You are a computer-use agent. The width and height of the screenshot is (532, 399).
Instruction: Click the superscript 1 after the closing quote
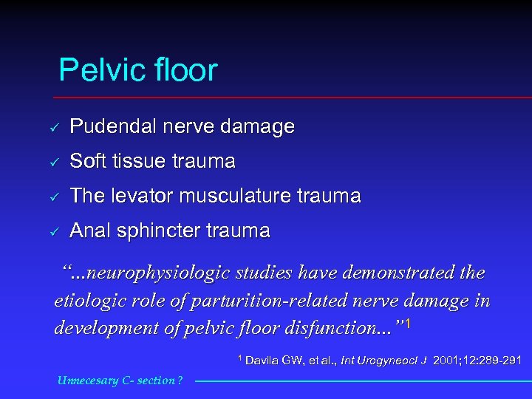409,322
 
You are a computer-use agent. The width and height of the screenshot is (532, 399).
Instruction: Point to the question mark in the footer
179,381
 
